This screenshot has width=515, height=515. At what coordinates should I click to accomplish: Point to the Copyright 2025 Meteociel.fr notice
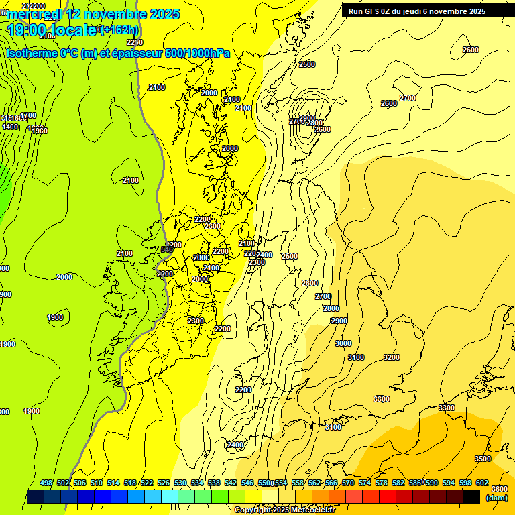point(284,510)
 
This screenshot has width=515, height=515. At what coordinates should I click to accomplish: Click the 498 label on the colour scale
point(46,483)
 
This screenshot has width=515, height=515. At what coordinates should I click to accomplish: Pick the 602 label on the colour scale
point(482,483)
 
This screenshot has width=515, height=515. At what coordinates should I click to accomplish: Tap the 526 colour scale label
point(164,483)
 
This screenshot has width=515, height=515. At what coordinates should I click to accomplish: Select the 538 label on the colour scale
point(214,483)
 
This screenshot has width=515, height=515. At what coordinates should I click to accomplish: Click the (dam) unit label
point(497,498)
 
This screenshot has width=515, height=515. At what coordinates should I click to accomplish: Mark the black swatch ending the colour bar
point(471,496)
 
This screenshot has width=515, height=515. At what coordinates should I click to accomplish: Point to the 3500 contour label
point(482,459)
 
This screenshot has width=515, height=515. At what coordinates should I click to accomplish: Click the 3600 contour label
point(499,489)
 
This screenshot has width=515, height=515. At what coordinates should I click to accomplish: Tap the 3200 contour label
point(391,357)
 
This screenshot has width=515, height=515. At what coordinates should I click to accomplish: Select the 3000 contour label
point(343,343)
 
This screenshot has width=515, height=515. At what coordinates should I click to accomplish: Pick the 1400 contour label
point(10,126)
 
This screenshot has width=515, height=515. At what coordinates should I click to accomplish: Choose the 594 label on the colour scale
point(449,483)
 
